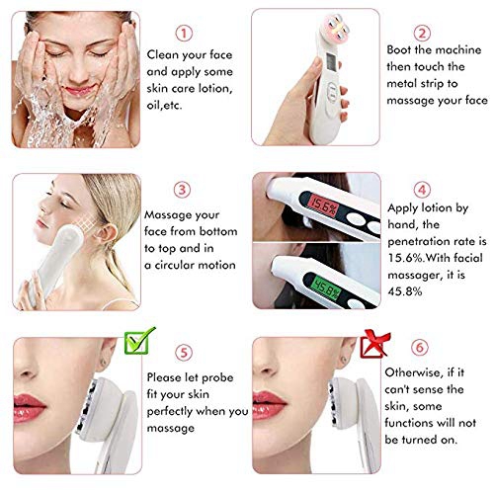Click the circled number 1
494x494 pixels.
pos(184,34)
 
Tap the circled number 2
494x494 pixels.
pos(422,33)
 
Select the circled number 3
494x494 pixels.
pos(182,190)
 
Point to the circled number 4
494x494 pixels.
pos(422,190)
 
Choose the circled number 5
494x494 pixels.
pos(184,353)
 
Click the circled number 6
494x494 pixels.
pos(420,347)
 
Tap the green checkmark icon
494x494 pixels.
pos(140,341)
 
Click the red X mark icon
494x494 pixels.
pos(375,344)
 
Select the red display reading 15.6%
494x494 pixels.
pos(323,206)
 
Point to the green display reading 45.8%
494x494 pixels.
pos(325,288)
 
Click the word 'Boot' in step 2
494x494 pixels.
pos(399,50)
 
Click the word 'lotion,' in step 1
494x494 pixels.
pos(215,89)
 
